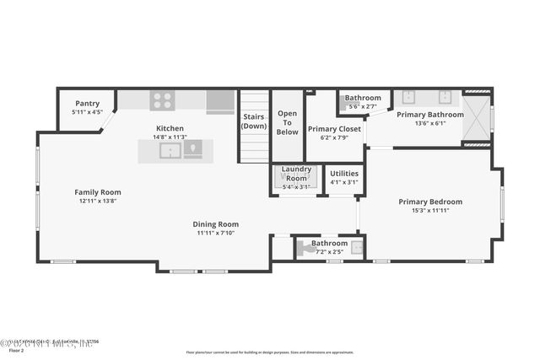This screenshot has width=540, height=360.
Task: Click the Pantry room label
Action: click(87, 103)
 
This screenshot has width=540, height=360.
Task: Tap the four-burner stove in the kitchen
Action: click(162, 100)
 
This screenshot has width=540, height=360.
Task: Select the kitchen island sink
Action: click(171, 151)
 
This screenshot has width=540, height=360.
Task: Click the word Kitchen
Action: click(169, 128)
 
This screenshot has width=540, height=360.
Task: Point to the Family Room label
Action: click(97, 192)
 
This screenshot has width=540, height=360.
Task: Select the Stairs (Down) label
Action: click(254, 121)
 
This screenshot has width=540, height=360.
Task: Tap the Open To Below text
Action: click(287, 122)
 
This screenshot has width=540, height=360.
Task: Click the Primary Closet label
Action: click(334, 128)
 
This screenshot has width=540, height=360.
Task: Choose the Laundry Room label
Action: click(296, 173)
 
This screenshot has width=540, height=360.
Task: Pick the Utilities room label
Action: click(344, 173)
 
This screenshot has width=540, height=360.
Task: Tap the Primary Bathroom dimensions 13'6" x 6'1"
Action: click(429, 124)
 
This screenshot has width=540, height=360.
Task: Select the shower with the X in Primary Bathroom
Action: click(477, 118)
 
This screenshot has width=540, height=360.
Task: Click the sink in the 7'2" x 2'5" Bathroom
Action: click(357, 248)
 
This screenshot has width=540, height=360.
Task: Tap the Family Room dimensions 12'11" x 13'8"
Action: click(97, 201)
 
